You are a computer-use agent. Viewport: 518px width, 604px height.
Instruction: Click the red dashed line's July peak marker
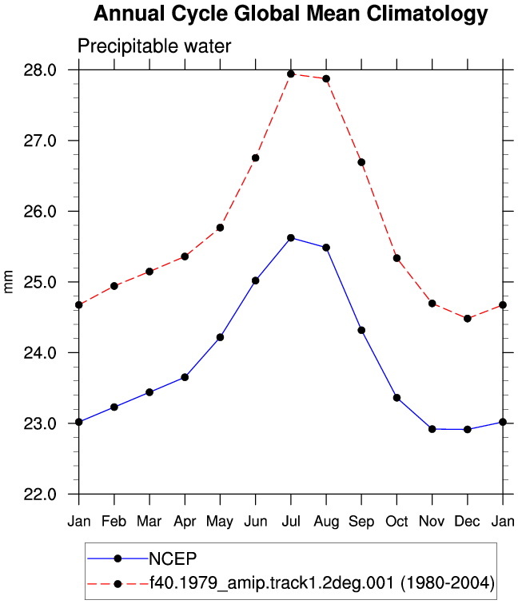pos(291,74)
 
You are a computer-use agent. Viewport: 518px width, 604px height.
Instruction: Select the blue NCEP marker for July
pos(291,238)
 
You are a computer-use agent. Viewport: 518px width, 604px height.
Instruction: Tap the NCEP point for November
pos(432,429)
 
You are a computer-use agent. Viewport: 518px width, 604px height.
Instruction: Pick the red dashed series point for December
pos(468,319)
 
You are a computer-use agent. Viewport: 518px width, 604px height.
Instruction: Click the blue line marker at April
pos(185,377)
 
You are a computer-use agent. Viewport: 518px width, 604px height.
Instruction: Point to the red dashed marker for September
pos(361,162)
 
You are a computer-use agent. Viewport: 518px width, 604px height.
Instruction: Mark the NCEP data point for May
pos(220,337)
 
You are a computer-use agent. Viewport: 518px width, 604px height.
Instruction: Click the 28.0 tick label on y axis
pos(40,70)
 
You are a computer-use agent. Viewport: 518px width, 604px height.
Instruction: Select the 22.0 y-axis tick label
pos(40,495)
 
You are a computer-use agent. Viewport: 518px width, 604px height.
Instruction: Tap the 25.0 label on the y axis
pos(40,282)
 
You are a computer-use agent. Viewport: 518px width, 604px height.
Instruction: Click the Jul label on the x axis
pos(291,521)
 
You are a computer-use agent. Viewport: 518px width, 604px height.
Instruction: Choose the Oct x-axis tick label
pos(397,521)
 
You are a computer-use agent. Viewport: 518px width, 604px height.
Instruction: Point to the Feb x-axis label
pos(114,521)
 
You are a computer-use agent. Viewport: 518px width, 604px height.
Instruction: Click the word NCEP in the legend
pos(173,558)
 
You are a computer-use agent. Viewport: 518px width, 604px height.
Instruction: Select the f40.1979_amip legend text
pos(322,582)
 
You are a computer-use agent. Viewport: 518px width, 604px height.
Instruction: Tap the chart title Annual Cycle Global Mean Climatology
pos(291,14)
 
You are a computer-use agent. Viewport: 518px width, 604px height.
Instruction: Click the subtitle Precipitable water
pos(154,46)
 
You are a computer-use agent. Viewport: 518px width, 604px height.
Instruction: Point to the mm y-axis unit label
pos(8,282)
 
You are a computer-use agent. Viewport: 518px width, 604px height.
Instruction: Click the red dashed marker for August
pos(326,78)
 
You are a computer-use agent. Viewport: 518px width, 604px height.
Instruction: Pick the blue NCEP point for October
pos(397,398)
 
